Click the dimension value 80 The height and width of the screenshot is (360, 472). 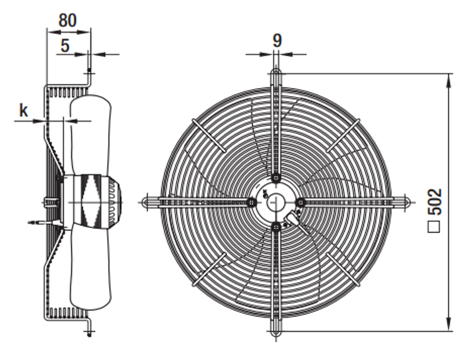coord(67,21)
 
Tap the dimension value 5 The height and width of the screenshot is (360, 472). coord(65,46)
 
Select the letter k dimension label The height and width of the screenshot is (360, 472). coord(24,110)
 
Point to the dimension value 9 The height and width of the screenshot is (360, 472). coord(277,41)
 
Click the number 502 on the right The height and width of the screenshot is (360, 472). coord(435,202)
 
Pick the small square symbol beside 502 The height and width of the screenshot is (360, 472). coord(434,227)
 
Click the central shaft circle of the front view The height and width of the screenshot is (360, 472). coord(276,202)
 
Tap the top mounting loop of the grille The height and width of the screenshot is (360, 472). coord(276,73)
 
